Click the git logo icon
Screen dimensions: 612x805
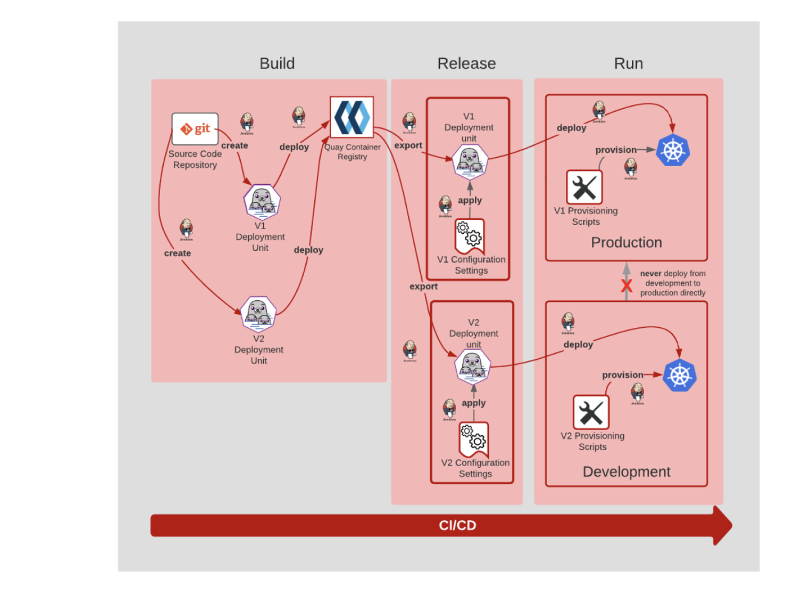195,129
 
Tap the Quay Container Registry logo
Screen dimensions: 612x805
352,117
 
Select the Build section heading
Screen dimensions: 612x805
277,63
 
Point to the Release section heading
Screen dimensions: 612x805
466,63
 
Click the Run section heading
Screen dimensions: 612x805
628,63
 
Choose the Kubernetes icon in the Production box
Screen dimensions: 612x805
673,151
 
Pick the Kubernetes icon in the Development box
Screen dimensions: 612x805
680,375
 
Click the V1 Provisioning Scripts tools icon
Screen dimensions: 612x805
585,188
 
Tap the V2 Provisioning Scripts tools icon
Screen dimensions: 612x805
591,413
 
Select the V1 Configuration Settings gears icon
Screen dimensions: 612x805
470,234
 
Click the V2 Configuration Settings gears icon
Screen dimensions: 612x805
474,437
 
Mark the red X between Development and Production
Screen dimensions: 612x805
627,286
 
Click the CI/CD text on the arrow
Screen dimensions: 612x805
458,525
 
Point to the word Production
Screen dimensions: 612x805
627,243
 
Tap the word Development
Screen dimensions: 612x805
627,472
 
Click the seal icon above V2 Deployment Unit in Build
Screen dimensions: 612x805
258,314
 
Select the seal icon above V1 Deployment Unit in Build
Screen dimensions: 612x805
262,202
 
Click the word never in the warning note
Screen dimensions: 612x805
651,273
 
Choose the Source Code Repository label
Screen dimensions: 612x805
195,159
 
